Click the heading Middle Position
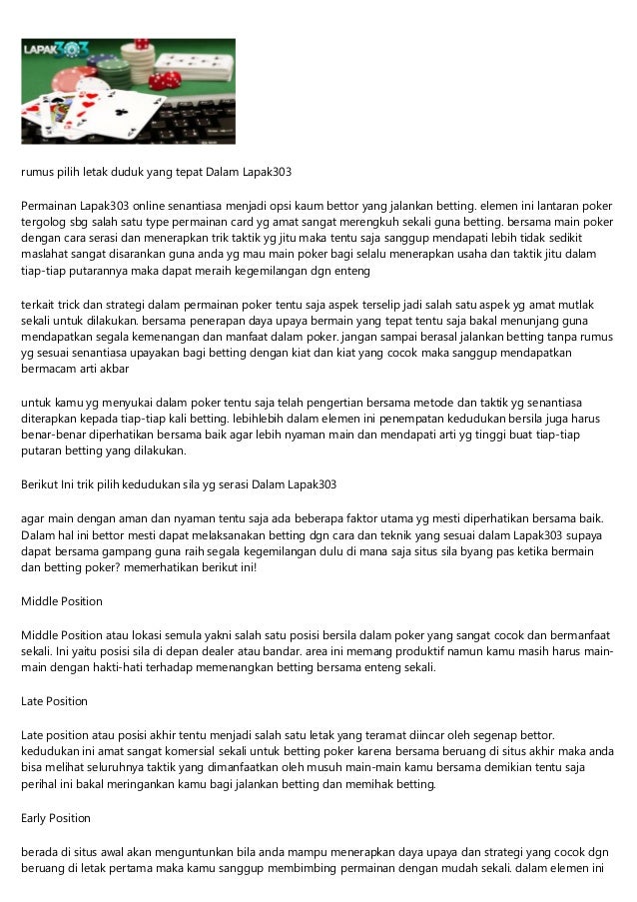click(62, 601)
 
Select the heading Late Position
click(54, 702)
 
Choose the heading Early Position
click(56, 818)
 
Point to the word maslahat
click(46, 256)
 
